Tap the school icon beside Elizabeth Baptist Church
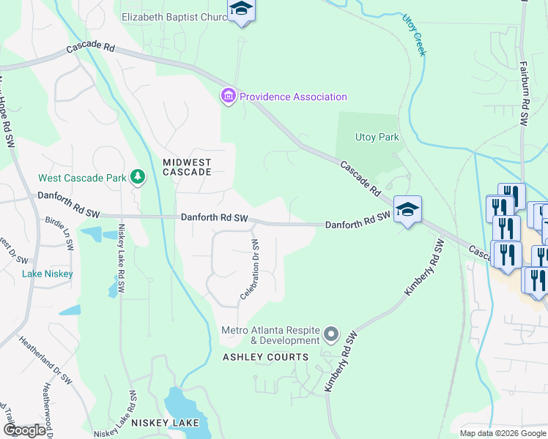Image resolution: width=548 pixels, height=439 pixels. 240,10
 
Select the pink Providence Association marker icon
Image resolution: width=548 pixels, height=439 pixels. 228,96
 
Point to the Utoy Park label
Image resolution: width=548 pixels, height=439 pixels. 377,137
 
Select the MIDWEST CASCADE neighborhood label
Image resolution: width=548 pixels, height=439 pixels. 187,167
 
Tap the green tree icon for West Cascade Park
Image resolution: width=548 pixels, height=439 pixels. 136,176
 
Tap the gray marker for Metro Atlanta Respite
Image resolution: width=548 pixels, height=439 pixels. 331,335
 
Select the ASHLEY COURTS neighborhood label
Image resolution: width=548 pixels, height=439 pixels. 265,357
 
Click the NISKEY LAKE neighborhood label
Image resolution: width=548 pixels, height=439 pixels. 160,423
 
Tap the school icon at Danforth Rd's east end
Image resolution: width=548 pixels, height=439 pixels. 407,209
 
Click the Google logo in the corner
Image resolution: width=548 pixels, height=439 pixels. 24,430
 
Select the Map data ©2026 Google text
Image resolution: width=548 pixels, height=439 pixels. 502,432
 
